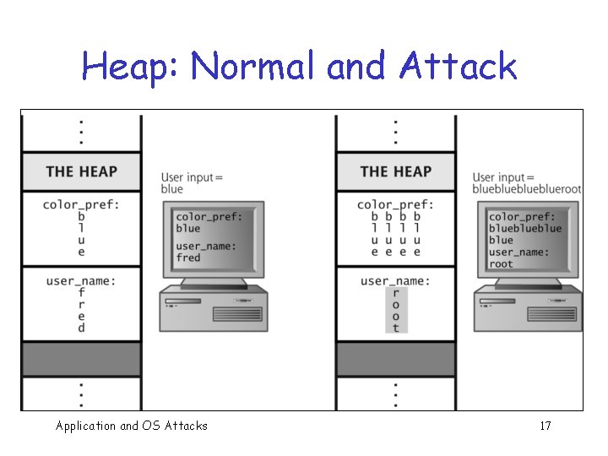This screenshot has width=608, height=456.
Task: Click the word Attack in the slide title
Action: pyautogui.click(x=459, y=66)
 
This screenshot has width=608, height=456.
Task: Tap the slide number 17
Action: pyautogui.click(x=545, y=426)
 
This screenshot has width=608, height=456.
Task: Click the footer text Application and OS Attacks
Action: pyautogui.click(x=131, y=426)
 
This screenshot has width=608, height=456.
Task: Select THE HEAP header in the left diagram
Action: pyautogui.click(x=81, y=171)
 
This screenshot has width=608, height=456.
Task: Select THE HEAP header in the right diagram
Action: pyautogui.click(x=395, y=171)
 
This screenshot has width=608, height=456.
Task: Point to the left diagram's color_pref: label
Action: pyautogui.click(x=81, y=204)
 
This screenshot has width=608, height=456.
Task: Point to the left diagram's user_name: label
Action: pyautogui.click(x=81, y=280)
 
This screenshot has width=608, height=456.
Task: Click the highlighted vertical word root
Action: pyautogui.click(x=396, y=311)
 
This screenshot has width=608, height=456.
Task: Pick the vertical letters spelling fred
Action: pyautogui.click(x=81, y=311)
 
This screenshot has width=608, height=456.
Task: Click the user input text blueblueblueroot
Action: pyautogui.click(x=527, y=189)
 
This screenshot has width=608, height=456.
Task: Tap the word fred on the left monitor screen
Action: pyautogui.click(x=188, y=258)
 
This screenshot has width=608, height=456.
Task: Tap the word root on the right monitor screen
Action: pyautogui.click(x=501, y=263)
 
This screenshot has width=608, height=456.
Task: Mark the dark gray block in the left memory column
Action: pyautogui.click(x=81, y=359)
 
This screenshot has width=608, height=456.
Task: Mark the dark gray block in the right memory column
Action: pyautogui.click(x=395, y=359)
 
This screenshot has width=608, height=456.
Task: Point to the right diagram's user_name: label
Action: pyautogui.click(x=395, y=280)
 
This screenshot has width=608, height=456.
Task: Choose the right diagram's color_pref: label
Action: pyautogui.click(x=395, y=204)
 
